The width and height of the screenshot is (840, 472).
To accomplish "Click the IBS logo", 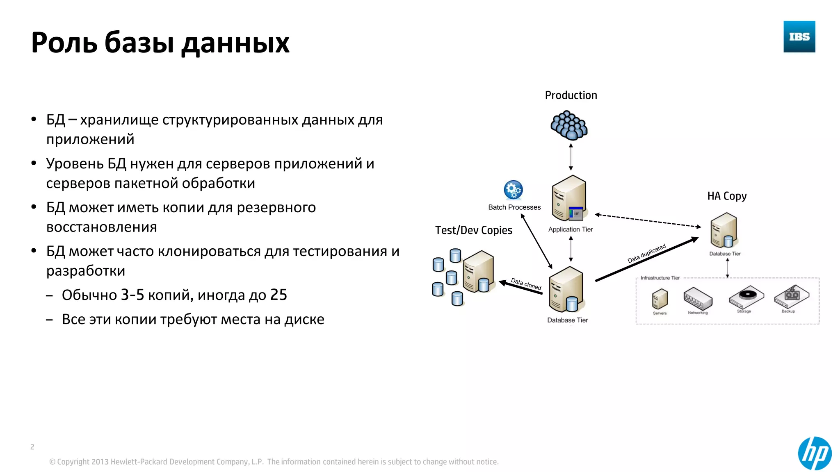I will (x=799, y=36).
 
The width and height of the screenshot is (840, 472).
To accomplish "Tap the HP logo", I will (x=815, y=453).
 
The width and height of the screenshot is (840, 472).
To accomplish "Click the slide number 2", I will (x=32, y=447).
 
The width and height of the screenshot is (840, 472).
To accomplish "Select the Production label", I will (x=571, y=95).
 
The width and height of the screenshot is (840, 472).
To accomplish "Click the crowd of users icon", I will (x=569, y=125).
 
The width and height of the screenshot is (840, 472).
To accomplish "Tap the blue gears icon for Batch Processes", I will (x=513, y=190).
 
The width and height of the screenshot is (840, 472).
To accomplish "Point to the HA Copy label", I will (x=727, y=196).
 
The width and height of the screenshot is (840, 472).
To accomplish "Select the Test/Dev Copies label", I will (x=474, y=230).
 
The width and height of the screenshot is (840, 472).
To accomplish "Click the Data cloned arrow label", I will (x=526, y=284).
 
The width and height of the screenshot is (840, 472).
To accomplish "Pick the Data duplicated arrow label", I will (x=646, y=254).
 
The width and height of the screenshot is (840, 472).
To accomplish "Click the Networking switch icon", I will (x=698, y=298).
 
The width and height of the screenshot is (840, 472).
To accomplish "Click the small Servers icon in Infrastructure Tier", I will (x=660, y=299).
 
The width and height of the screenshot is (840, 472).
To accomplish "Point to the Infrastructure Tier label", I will (x=660, y=278).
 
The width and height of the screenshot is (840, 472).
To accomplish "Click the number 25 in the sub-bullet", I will (x=278, y=295).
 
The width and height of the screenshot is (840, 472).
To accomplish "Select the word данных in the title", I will (x=235, y=43).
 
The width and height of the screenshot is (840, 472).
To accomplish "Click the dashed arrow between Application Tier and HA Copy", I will (x=648, y=220).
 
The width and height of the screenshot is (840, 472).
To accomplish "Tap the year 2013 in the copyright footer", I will (x=100, y=462).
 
